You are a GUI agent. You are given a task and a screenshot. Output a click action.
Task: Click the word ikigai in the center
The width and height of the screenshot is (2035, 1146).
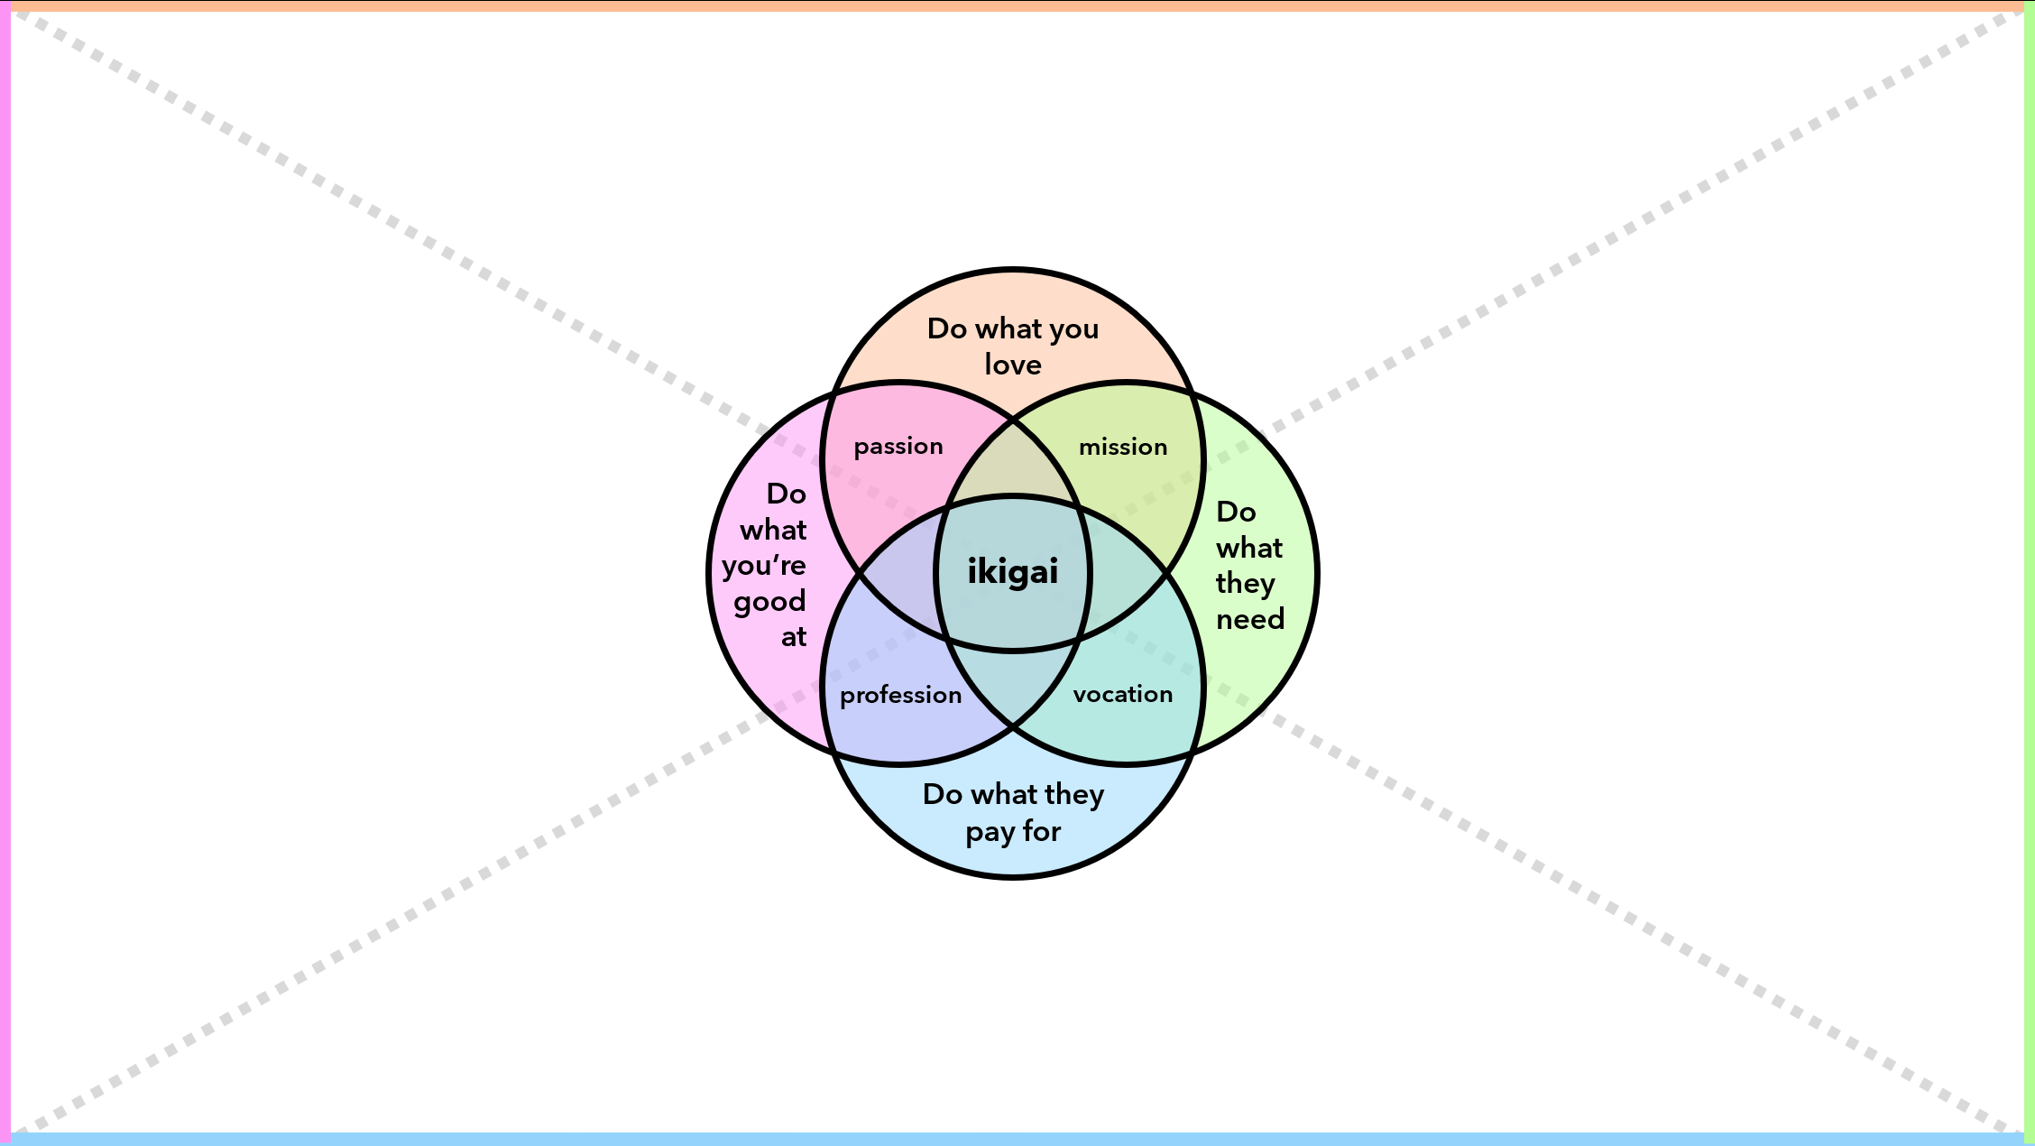1012,572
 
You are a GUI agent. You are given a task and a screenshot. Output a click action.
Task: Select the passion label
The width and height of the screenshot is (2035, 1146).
898,447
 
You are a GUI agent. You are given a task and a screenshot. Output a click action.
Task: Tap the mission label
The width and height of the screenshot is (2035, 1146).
1123,447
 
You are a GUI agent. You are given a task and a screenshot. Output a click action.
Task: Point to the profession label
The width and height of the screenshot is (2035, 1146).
900,695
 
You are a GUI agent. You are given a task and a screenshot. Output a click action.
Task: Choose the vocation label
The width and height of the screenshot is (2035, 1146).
1123,694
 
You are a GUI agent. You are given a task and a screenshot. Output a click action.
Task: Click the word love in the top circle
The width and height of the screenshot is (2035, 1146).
1013,365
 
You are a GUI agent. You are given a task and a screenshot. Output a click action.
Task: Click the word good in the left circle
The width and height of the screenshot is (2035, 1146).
769,602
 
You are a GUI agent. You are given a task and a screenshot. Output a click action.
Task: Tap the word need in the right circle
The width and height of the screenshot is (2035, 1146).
1250,619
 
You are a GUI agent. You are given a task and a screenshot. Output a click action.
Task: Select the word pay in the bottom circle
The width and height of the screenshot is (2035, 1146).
990,832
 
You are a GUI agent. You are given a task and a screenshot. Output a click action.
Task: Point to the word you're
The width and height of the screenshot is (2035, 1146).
763,566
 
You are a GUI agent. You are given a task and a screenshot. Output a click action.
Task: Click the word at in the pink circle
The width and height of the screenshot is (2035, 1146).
794,637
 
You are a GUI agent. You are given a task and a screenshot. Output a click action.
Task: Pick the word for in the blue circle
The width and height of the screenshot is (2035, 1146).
1042,830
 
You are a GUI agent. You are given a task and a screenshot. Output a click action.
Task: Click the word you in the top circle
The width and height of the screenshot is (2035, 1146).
1073,329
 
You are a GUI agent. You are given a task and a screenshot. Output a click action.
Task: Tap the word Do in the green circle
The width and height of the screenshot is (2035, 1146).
1236,512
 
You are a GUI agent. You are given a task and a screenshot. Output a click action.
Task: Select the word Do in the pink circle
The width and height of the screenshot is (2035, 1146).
786,494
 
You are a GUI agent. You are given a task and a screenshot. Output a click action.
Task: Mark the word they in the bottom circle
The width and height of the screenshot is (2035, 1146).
1074,794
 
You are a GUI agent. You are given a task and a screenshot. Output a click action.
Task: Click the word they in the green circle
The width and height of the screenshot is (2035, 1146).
1245,584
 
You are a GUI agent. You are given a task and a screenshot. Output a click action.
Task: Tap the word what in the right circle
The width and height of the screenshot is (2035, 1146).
1249,548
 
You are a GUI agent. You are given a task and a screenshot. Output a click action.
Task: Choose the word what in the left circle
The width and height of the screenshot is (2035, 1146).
773,530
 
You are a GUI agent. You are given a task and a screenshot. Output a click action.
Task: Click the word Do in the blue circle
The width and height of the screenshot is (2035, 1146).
943,794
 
